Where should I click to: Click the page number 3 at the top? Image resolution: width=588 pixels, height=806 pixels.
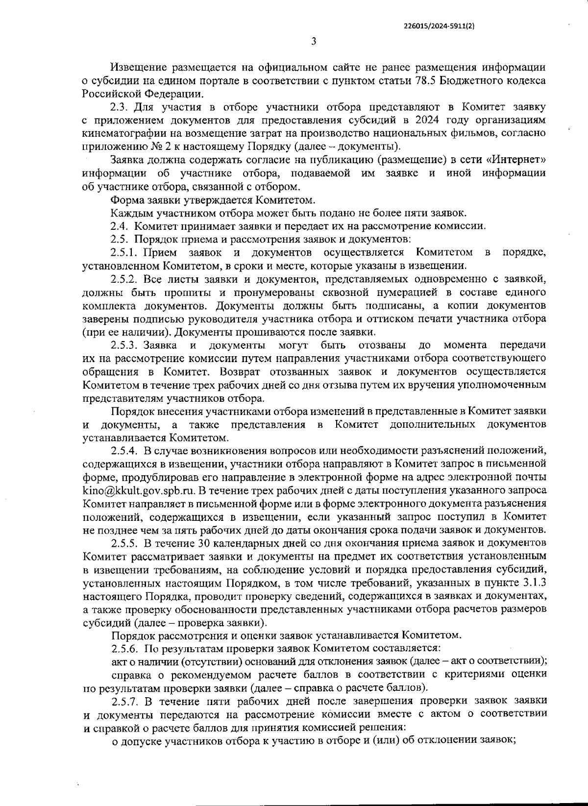click(x=314, y=41)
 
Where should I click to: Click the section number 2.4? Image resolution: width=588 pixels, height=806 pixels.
click(x=119, y=226)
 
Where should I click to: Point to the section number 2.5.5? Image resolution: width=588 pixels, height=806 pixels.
click(x=126, y=543)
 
